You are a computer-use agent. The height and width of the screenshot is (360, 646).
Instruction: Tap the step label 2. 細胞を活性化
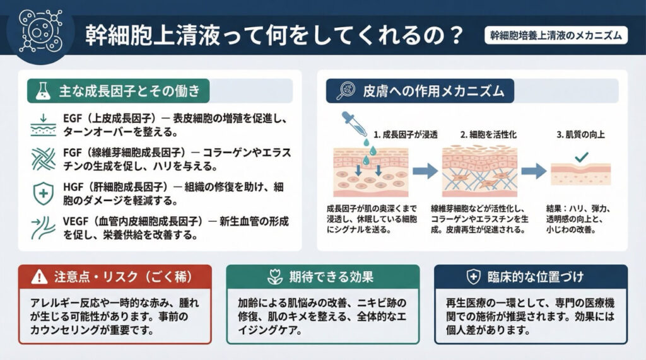click(x=489, y=134)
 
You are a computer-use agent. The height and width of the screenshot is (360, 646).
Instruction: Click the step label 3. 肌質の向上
click(x=581, y=134)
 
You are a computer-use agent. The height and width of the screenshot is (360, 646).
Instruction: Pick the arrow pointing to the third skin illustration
click(x=533, y=170)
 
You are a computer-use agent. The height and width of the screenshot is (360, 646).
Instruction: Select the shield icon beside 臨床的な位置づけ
click(x=473, y=276)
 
